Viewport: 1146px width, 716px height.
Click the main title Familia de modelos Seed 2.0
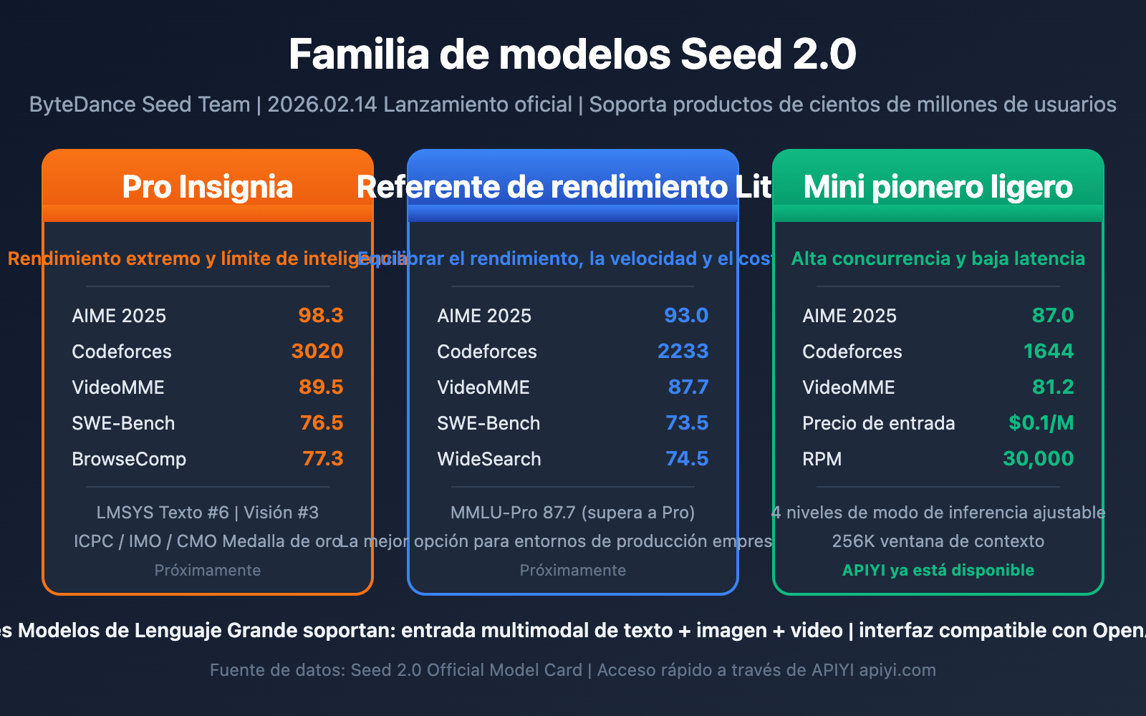pos(572,54)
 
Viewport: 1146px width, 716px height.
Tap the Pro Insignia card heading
pos(207,187)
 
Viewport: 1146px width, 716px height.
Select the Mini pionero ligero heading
pos(938,187)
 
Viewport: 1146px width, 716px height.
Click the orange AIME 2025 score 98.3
pos(321,316)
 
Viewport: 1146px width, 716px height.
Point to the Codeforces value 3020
pos(317,352)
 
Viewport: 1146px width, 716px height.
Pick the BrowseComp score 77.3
pos(323,459)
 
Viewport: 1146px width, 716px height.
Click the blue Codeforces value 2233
pos(683,352)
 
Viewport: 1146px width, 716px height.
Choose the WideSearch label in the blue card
pos(489,459)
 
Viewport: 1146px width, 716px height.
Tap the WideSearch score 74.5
pos(687,459)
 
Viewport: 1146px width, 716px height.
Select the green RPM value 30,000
pos(1038,459)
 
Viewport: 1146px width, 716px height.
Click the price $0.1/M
pos(1041,423)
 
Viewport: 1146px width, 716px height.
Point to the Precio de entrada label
pos(878,423)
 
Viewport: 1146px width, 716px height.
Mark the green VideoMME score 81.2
pos(1053,387)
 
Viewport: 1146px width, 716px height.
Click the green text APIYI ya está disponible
pos(938,571)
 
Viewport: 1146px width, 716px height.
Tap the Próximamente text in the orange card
pos(207,571)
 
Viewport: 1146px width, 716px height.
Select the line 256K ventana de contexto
pos(938,541)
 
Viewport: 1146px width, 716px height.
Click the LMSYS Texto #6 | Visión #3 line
pos(207,513)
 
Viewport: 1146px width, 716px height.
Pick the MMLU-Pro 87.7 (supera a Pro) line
pos(572,513)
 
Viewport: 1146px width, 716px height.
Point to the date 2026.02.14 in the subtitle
pos(322,105)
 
